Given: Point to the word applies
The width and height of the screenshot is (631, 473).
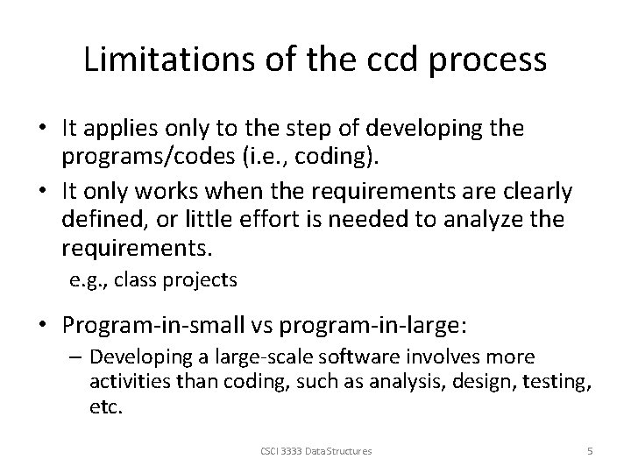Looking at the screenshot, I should (119, 128).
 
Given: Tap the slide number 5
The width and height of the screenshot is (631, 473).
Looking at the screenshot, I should (590, 450).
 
